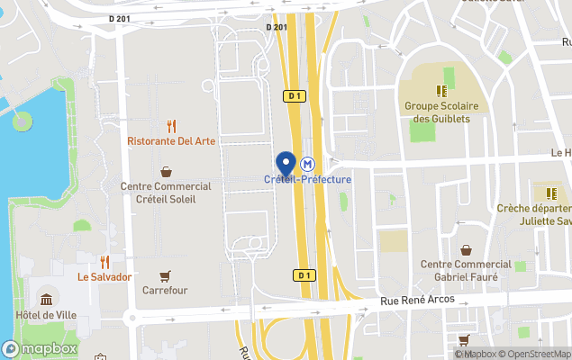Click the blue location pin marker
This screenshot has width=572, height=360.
coord(286,164)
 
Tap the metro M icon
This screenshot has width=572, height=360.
coord(308,165)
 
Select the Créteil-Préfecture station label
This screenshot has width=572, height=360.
coord(307,179)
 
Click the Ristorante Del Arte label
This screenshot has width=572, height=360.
coord(171,141)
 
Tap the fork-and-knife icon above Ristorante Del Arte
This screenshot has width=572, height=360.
coord(171,126)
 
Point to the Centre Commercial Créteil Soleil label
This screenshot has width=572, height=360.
coord(166,192)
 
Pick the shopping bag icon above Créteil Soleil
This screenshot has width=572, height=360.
coord(166,171)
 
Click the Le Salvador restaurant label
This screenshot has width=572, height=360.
coord(104,277)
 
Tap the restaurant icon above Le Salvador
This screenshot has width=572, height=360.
coord(104,262)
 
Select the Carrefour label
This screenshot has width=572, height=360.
coord(165,291)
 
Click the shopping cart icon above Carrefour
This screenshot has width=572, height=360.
coord(165,275)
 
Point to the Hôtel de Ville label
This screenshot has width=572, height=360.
coord(45,315)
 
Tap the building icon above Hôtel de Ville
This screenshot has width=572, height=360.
coord(45,299)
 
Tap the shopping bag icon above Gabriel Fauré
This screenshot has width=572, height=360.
coord(467,250)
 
